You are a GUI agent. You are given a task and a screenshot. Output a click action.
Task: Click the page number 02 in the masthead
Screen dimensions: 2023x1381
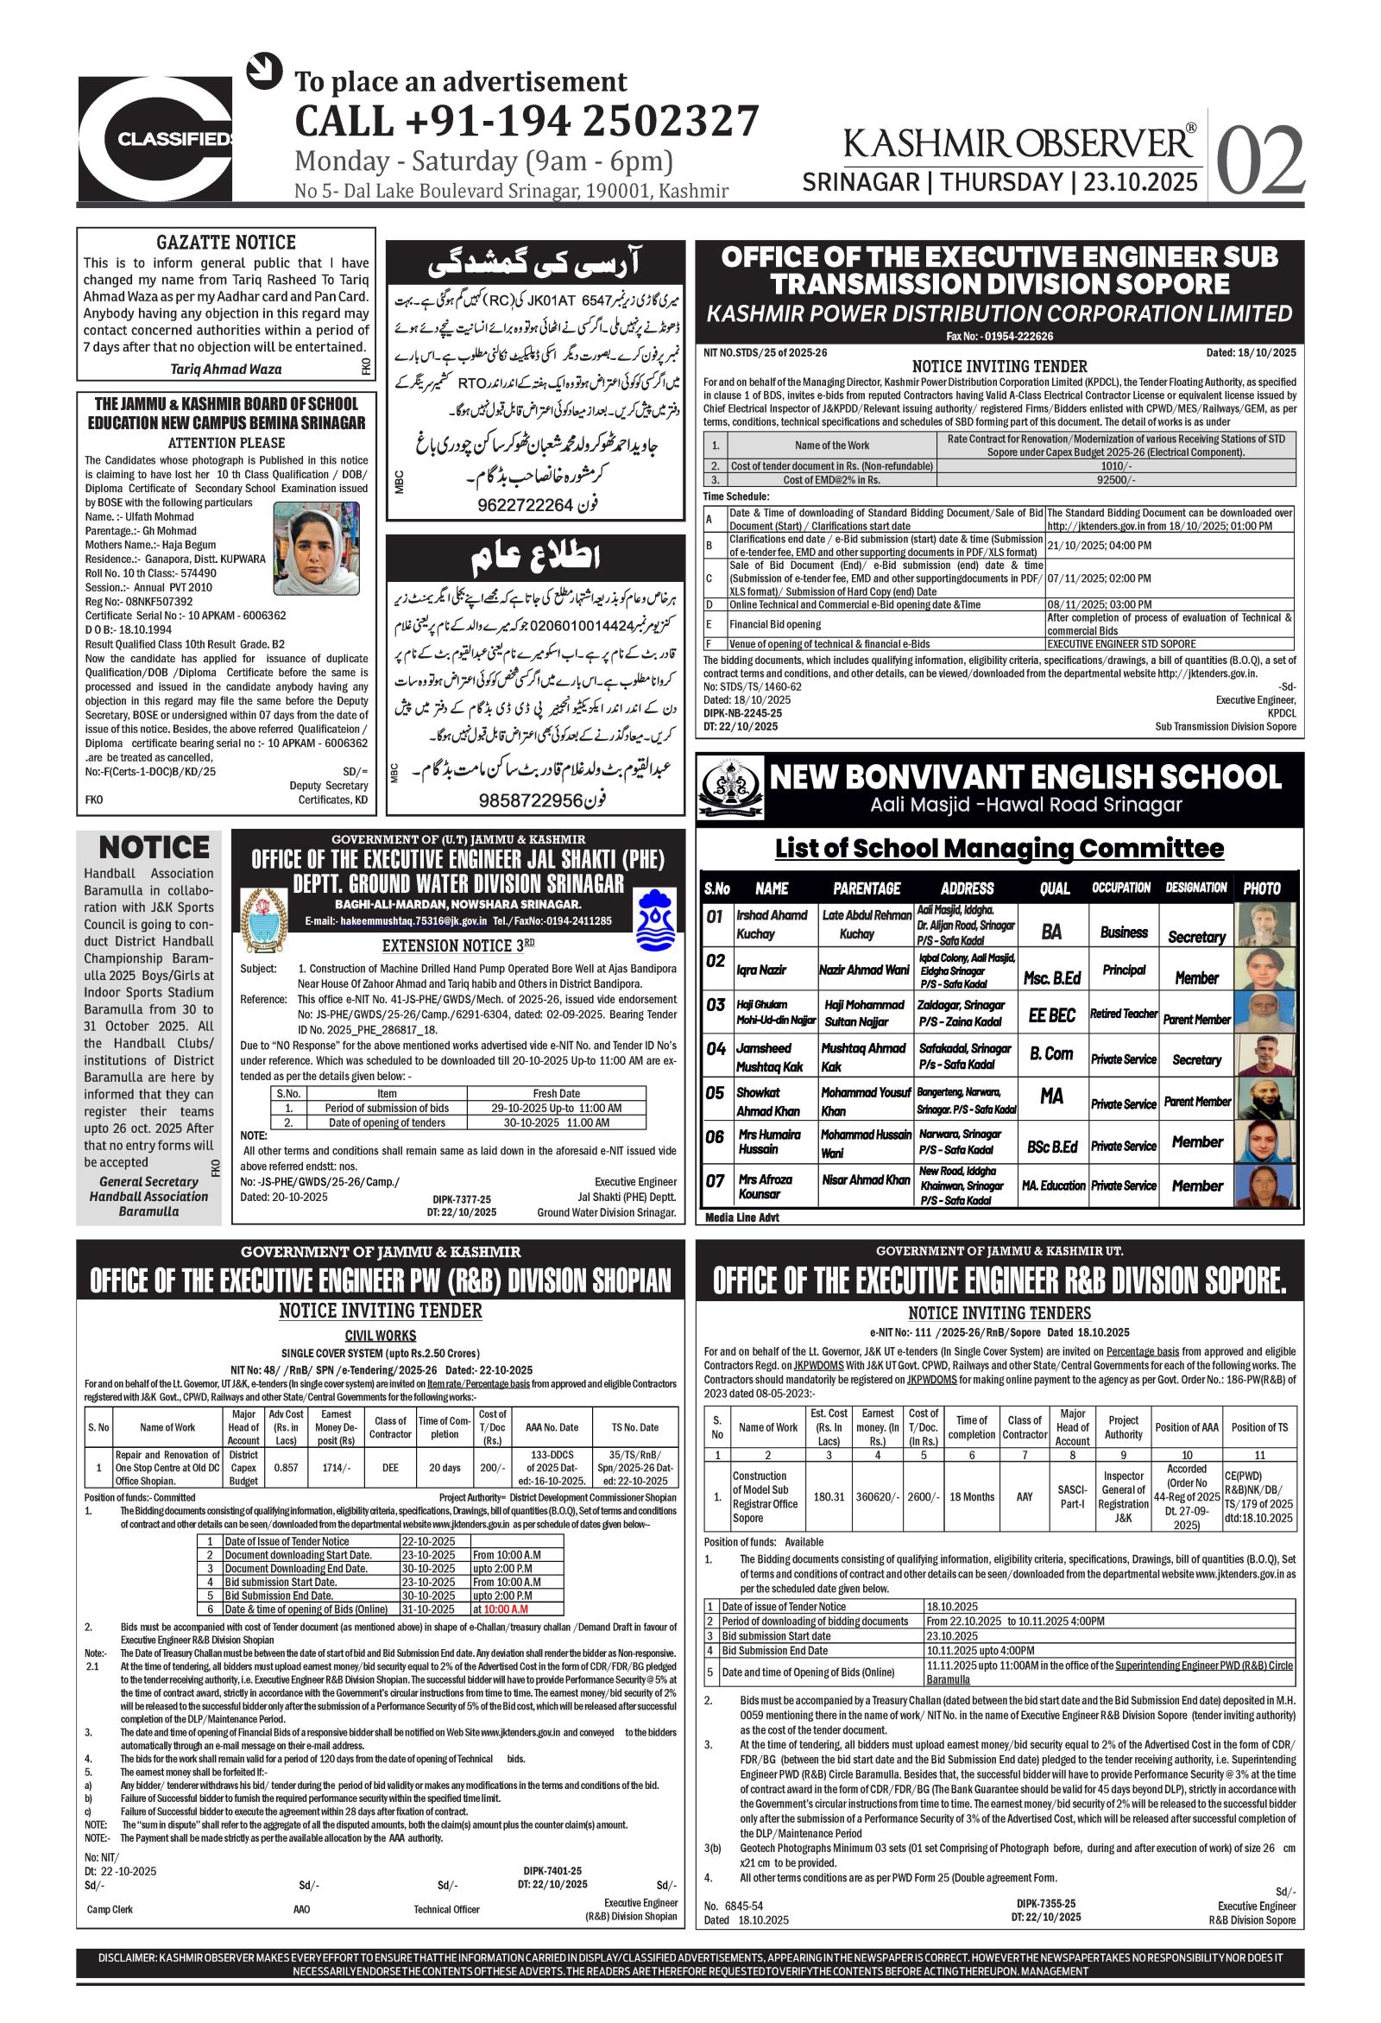[1258, 161]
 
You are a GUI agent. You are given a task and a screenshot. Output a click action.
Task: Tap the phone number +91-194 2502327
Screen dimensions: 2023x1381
[527, 120]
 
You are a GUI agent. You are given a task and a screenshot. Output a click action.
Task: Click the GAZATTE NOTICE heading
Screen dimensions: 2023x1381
[225, 242]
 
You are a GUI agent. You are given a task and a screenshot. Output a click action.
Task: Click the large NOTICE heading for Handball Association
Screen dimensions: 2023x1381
[153, 847]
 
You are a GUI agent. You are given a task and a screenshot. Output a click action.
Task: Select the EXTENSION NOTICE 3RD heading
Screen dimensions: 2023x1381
[447, 945]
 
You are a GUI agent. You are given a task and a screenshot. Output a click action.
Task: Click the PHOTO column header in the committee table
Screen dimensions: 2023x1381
[1261, 888]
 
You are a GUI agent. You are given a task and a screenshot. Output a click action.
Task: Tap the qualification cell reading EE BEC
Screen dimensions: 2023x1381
[1051, 1015]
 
